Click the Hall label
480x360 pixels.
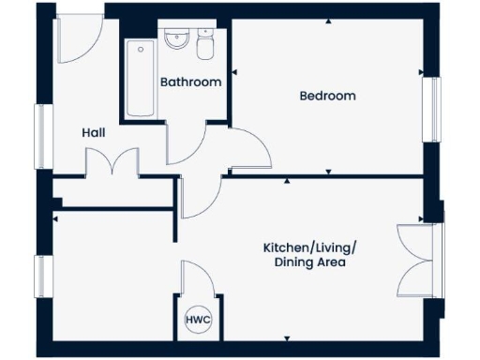[93, 133]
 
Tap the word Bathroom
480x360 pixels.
[190, 82]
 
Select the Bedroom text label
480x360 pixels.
[327, 96]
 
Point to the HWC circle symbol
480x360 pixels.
[199, 320]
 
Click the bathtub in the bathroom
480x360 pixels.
[141, 78]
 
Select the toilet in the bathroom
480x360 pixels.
[206, 40]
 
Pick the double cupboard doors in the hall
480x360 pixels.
[113, 162]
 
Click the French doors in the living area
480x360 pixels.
[416, 259]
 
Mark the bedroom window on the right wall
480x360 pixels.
[432, 109]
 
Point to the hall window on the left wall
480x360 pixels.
[41, 136]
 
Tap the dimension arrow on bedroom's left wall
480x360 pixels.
[235, 70]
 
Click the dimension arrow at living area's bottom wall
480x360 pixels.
[287, 338]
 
